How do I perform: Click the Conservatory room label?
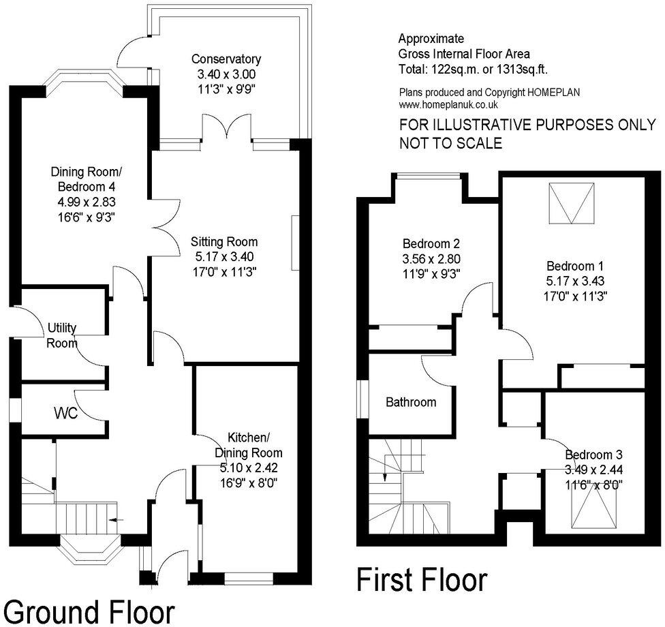click(226, 59)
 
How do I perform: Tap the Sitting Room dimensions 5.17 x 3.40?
click(224, 257)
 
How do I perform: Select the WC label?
click(65, 413)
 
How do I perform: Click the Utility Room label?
click(62, 335)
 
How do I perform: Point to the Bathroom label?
click(410, 402)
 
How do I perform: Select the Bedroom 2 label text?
click(431, 244)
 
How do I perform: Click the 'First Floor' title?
click(422, 580)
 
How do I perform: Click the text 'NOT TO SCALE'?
click(450, 143)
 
